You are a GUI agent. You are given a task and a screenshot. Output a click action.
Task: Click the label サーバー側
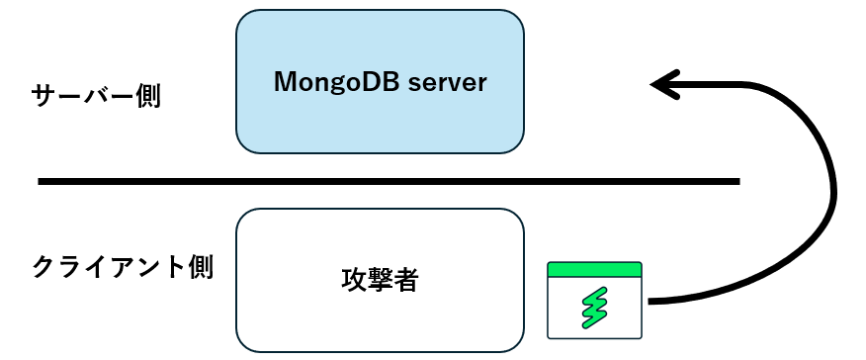(x=96, y=97)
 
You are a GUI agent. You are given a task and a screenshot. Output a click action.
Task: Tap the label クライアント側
(x=123, y=268)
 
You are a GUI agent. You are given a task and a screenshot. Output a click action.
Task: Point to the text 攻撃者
(x=379, y=281)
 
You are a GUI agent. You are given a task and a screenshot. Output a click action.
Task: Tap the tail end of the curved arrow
(x=650, y=301)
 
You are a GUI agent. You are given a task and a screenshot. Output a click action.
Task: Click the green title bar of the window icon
(x=594, y=269)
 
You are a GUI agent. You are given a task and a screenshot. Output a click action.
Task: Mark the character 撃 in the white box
(x=379, y=281)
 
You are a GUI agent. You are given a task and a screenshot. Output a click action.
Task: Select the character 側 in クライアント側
(x=199, y=268)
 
